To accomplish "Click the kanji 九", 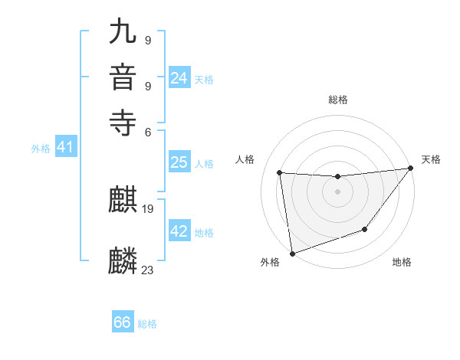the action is pos(123,33).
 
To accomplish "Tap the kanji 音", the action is pos(123,77).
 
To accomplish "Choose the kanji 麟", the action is pos(123,261).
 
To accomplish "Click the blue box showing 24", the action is pos(179,78).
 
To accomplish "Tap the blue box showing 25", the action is pos(179,162).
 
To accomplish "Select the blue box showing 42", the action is pos(179,231).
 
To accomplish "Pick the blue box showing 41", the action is pos(64,148).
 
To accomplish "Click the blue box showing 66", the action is pos(123,322).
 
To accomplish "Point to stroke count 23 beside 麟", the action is pos(148,270).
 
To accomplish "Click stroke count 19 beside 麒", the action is pos(148,208).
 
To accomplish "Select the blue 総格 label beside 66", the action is pos(147,324).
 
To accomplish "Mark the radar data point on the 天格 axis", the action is pos(410,169).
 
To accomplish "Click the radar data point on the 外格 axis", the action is pos(292,253).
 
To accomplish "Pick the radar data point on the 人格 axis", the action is pos(280,173).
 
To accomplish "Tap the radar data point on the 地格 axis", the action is pos(365,229).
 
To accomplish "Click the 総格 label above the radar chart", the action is pos(337,100).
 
